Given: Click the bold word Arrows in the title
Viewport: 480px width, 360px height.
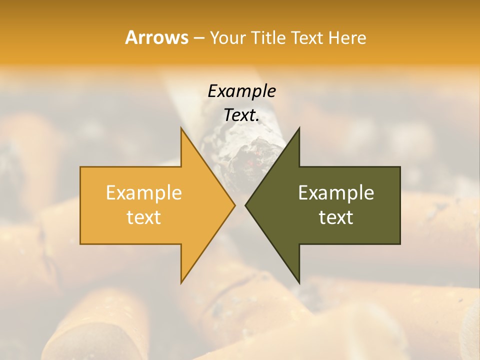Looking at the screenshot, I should pyautogui.click(x=156, y=37).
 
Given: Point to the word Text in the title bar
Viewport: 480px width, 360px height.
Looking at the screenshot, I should pyautogui.click(x=307, y=37).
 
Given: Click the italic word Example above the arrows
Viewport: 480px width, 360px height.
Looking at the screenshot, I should pyautogui.click(x=241, y=91).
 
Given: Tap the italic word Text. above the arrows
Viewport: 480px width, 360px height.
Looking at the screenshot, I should pyautogui.click(x=241, y=115).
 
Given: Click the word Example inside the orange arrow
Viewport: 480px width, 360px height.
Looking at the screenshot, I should pyautogui.click(x=144, y=192).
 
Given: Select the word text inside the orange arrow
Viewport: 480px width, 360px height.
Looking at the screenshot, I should pyautogui.click(x=144, y=217).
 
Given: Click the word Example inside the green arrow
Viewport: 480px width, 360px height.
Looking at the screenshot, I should pyautogui.click(x=336, y=192).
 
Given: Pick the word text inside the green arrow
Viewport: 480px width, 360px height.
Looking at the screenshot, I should pyautogui.click(x=336, y=217).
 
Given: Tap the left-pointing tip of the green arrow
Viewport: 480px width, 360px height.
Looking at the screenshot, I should pyautogui.click(x=246, y=205).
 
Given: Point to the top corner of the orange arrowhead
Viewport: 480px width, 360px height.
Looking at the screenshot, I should pyautogui.click(x=181, y=128).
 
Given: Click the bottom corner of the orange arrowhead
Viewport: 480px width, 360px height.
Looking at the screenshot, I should pyautogui.click(x=181, y=282).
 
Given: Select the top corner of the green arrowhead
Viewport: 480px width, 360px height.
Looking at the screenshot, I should pyautogui.click(x=299, y=128).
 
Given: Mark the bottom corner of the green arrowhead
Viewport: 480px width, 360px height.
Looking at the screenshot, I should pyautogui.click(x=299, y=282).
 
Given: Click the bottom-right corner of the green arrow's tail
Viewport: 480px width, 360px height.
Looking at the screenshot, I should pyautogui.click(x=399, y=243).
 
